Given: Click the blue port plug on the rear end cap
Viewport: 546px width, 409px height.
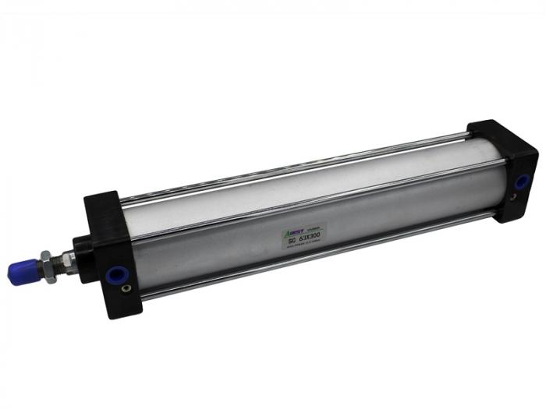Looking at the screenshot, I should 520,182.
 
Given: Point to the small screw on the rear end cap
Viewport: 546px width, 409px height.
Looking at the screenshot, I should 512,199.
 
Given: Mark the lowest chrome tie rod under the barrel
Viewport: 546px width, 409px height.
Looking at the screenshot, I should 312,253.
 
